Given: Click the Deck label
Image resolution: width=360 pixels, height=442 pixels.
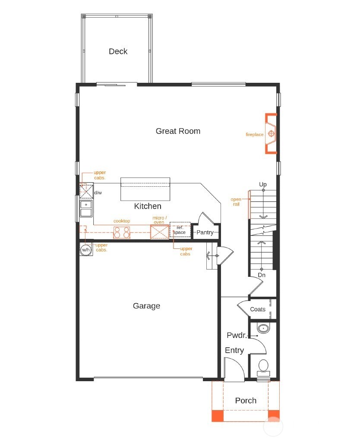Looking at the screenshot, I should pos(118,51).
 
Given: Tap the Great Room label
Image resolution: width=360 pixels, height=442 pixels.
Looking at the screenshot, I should pos(178,131).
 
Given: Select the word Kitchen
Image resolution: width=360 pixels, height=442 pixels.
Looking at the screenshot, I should pos(148,206).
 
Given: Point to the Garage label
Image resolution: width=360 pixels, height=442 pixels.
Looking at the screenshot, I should pos(146,306).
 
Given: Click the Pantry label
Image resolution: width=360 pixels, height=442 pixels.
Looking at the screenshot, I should pos(205,232).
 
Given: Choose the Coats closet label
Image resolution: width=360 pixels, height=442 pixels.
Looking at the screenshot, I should pos(258,309).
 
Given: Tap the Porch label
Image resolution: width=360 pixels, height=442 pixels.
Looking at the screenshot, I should pos(246,401).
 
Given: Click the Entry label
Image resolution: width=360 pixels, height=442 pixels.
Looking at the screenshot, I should pos(234,351).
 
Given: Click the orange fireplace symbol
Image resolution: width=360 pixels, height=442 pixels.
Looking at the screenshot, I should pos(271,133).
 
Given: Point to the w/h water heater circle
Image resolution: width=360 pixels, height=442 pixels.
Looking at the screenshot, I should pos(86,250).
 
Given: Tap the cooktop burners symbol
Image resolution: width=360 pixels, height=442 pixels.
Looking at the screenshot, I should pos(122,232).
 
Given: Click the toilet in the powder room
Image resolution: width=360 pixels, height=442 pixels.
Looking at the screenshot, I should pos(263,367).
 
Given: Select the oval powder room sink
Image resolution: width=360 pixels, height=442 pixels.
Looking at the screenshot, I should pos(263,329).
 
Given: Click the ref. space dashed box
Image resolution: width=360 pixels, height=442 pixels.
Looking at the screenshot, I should pos(179,230).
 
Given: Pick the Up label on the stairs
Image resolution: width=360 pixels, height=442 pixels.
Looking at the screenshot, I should pos(263,185).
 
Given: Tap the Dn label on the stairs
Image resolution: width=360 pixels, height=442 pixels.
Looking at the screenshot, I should pos(262,275).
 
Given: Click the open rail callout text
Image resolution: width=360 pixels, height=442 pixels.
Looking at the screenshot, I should pos(236,202).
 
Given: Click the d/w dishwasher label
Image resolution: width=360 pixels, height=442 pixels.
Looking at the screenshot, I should pos(98,192).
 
